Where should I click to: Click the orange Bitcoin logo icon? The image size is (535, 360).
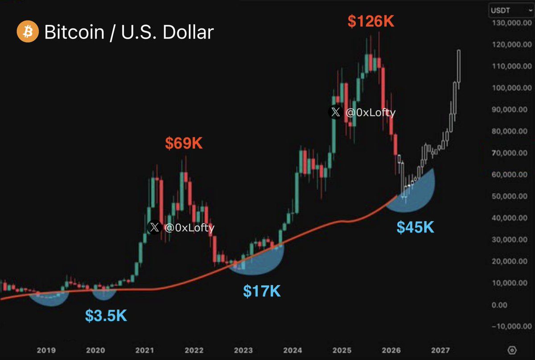pos(27,32)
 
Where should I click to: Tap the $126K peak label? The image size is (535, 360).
pos(371,21)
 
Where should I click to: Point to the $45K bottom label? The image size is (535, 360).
pos(415,228)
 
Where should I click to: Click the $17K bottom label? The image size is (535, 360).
pos(262,291)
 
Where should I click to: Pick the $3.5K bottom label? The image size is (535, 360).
pos(106,315)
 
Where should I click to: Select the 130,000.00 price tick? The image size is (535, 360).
pos(508,22)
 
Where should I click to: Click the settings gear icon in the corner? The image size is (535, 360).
pos(512,349)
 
